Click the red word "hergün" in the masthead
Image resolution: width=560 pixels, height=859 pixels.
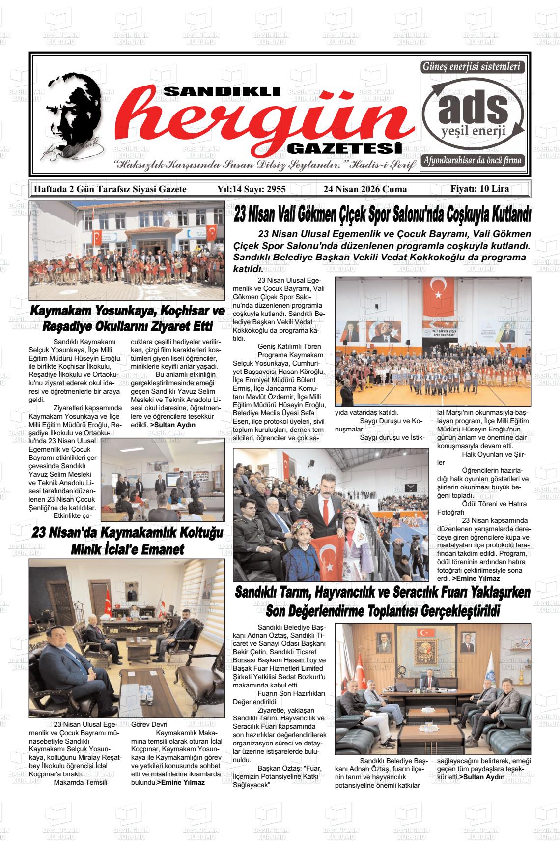(x=260, y=120)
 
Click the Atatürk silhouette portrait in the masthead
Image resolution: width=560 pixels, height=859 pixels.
(x=74, y=118)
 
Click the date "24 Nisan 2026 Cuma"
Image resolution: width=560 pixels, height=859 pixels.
(x=365, y=189)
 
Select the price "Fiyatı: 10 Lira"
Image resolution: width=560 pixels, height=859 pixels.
(x=479, y=189)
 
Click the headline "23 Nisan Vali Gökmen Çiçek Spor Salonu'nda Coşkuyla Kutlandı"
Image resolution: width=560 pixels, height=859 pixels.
(x=382, y=215)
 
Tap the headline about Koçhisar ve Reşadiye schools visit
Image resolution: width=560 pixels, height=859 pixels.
(x=127, y=318)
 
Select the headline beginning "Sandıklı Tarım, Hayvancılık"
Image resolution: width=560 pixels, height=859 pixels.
(x=382, y=601)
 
